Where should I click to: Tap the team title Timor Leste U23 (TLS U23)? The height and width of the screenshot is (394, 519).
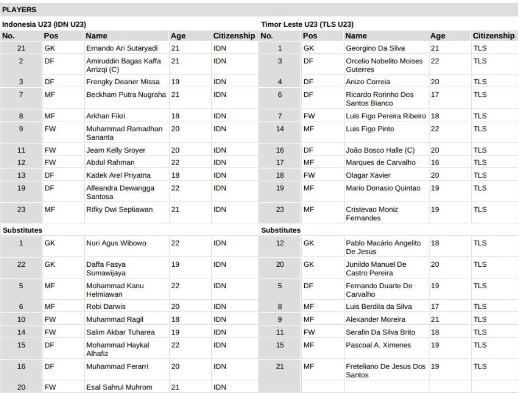pos(307,24)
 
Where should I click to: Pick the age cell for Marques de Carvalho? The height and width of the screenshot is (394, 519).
pos(435,163)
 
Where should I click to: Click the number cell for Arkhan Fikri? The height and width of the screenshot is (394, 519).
pos(21,117)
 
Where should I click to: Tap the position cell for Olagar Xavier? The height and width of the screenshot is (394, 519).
pos(309,176)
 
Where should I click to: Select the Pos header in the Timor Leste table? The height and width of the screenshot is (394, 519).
pos(310,36)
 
